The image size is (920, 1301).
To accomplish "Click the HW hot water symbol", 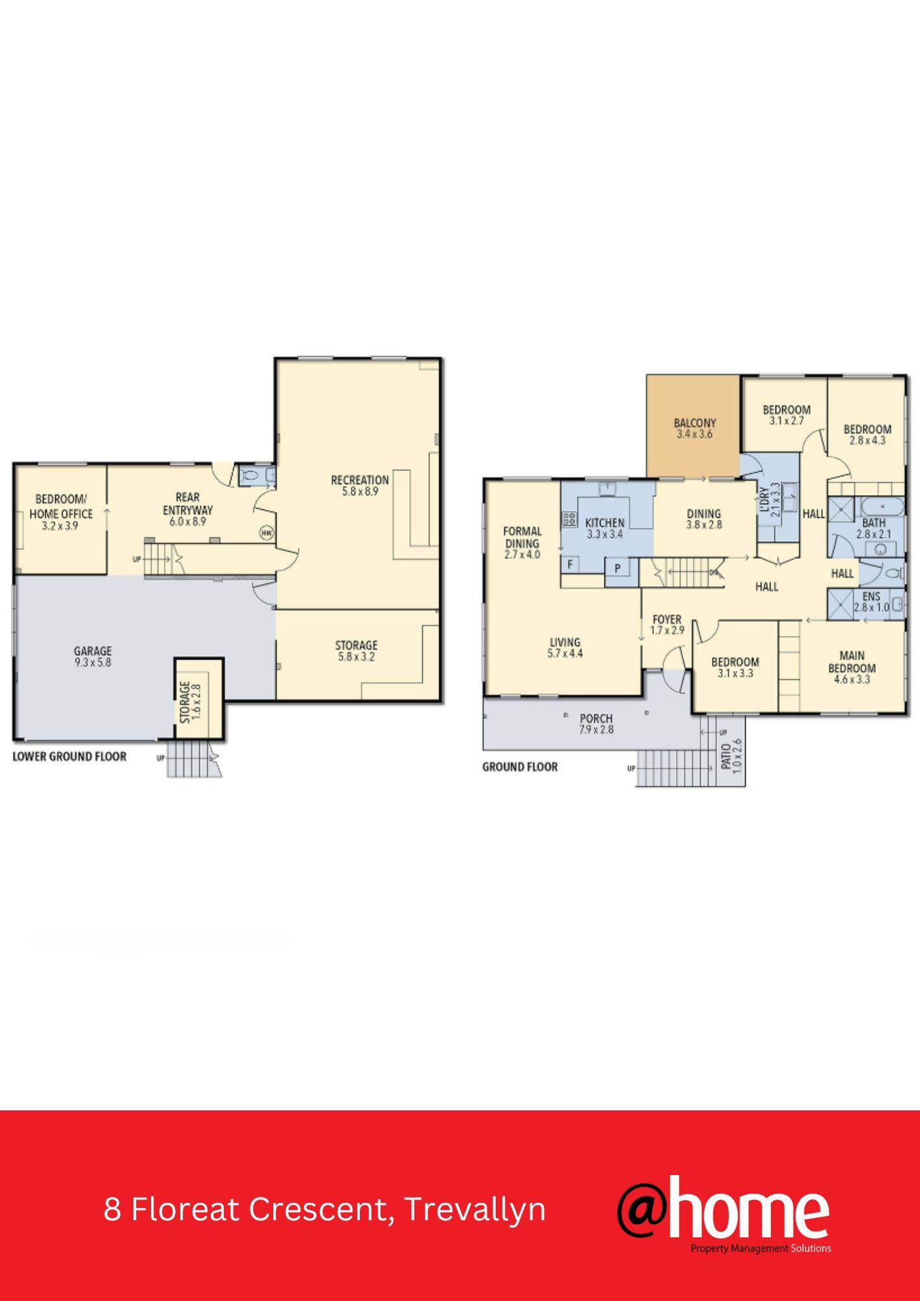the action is point(267,533).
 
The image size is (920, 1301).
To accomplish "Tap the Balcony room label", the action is point(695,428).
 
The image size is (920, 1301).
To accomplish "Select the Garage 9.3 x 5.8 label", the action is point(92,656).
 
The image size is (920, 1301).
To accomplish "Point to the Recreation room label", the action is point(360,485).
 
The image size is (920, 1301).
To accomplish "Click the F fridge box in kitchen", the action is point(570,564).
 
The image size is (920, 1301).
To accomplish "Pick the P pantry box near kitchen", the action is point(617,569).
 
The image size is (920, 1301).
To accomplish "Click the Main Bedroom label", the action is point(852,667).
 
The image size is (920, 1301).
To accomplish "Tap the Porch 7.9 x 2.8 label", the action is point(596,723).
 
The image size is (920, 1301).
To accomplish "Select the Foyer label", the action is point(667,624).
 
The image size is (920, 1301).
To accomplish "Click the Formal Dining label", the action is point(522,543).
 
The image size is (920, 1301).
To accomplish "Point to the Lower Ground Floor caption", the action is point(70,757).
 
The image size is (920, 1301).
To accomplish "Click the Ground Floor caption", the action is point(520,767).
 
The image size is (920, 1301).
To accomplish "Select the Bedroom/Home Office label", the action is point(61,513).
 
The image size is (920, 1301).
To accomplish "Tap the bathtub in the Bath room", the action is point(883,506).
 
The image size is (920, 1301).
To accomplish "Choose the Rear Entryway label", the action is point(187,509).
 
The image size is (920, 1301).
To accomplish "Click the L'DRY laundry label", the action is point(768,498).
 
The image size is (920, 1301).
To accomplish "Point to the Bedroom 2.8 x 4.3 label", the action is point(867,435).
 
